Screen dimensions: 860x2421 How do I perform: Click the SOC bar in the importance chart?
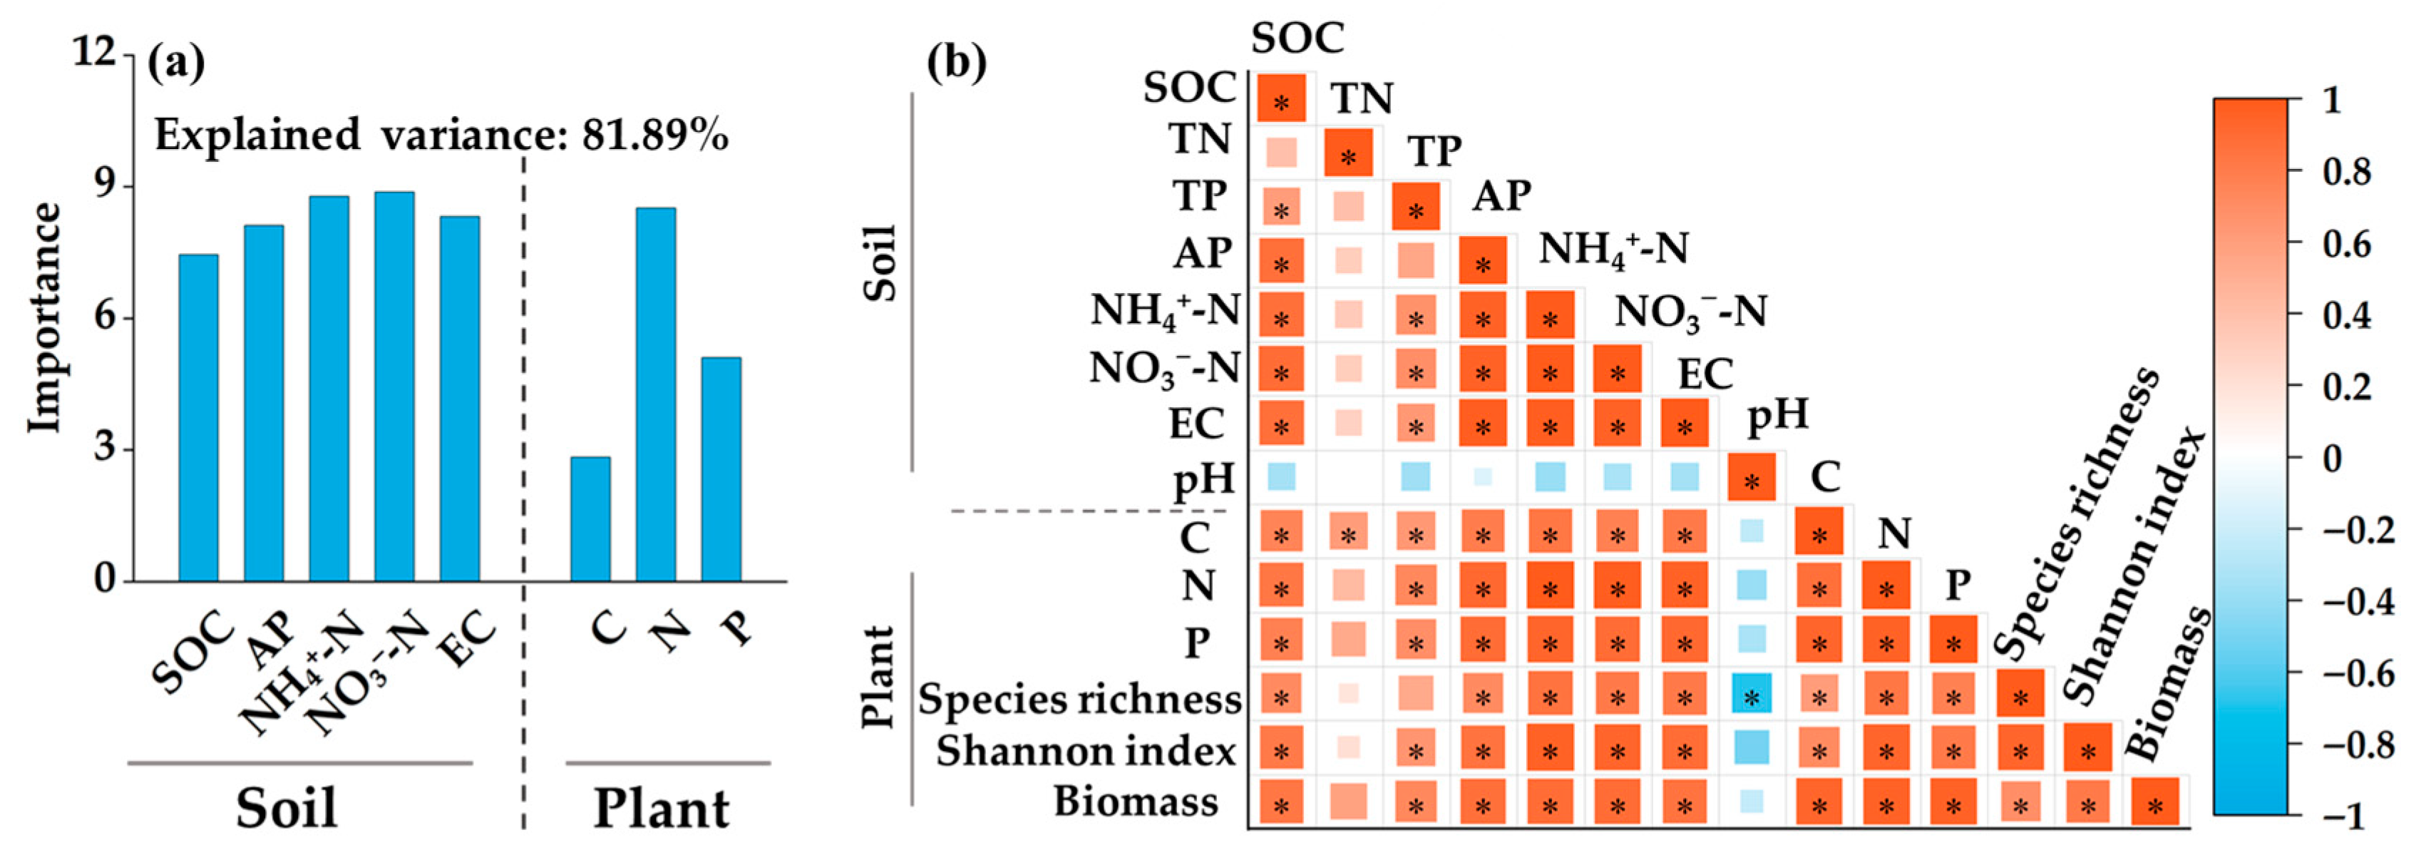pos(198,419)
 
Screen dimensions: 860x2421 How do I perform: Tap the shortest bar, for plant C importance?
pos(590,519)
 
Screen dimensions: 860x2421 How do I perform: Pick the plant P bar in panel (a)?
pos(721,469)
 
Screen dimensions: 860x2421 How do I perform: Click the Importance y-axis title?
pos(43,317)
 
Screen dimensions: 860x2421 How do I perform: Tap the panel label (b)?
pos(956,62)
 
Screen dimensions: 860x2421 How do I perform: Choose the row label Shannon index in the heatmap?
pos(1086,751)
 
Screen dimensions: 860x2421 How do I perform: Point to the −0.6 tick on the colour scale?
pos(2350,673)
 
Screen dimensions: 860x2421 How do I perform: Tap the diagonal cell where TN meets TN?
pos(1349,153)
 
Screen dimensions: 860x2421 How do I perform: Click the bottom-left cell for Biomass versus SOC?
pos(1281,804)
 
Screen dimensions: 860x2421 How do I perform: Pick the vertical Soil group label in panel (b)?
pos(880,262)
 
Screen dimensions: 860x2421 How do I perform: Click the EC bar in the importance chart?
pos(460,399)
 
